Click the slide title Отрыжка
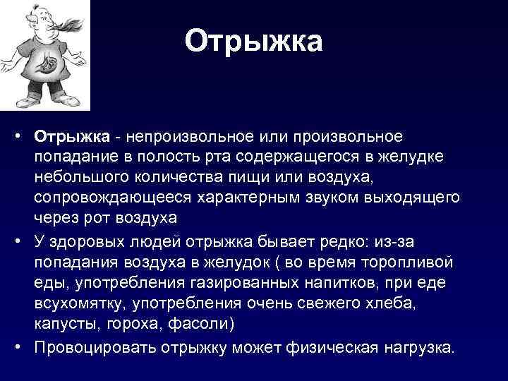tap(253, 41)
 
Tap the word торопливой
tap(409, 262)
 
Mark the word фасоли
tap(208, 323)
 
